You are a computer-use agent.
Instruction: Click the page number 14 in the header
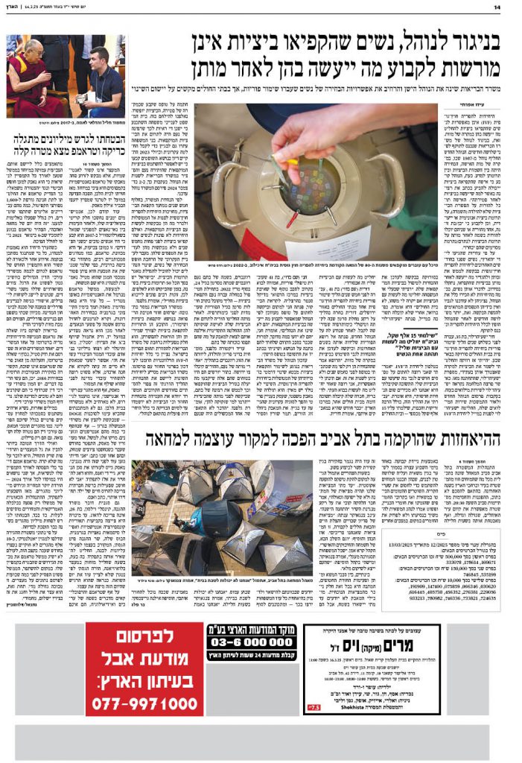point(506,7)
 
